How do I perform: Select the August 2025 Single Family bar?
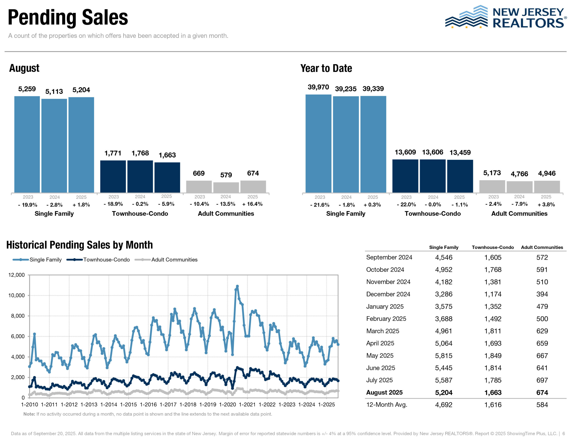(x=81, y=145)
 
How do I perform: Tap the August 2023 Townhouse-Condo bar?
(x=113, y=176)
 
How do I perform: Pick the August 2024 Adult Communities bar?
(x=226, y=187)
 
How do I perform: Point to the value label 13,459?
(x=460, y=152)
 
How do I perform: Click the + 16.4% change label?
(x=252, y=204)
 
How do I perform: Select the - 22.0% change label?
(x=406, y=205)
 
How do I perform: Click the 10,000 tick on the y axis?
(x=16, y=295)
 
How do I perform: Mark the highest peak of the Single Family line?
(x=237, y=286)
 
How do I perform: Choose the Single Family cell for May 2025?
(x=444, y=356)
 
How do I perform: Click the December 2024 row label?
(x=388, y=294)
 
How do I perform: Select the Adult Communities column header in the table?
(x=542, y=247)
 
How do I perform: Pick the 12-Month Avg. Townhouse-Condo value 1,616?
(x=493, y=405)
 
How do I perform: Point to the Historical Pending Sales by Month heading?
(x=79, y=245)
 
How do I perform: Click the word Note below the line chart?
(x=29, y=414)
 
